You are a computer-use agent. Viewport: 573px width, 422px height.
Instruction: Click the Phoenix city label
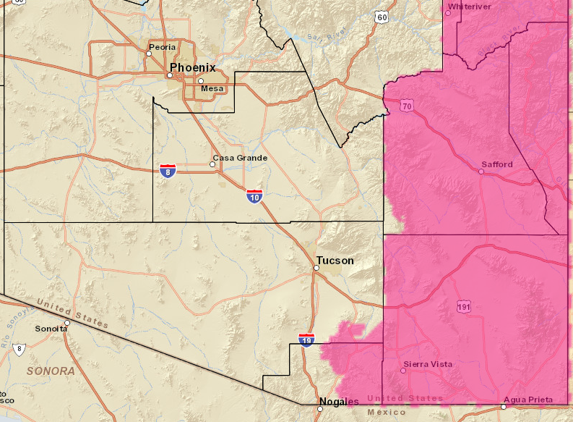[192, 67]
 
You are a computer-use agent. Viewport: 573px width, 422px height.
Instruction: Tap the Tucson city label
[335, 261]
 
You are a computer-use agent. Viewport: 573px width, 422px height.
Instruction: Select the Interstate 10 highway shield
[254, 195]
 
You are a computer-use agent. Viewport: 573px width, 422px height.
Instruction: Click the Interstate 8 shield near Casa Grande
[168, 171]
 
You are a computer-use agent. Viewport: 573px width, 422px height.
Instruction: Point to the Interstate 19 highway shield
[306, 339]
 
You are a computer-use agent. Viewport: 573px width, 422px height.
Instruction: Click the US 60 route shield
[382, 17]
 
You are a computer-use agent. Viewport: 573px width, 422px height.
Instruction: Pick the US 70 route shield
[407, 106]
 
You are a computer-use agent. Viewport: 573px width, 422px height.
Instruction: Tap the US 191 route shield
[464, 307]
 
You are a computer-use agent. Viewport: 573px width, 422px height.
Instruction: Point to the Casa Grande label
[240, 158]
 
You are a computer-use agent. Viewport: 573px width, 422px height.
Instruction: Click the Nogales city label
[339, 402]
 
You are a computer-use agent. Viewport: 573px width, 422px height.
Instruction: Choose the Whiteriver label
[470, 7]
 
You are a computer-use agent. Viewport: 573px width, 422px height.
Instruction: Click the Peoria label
[162, 47]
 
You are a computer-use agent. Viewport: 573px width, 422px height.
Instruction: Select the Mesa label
[212, 88]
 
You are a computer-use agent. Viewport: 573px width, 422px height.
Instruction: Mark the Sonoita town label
[51, 328]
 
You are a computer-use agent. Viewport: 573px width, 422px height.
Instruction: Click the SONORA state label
[51, 371]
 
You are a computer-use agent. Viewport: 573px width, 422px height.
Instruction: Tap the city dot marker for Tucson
[316, 269]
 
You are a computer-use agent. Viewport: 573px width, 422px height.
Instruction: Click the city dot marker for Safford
[482, 172]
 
